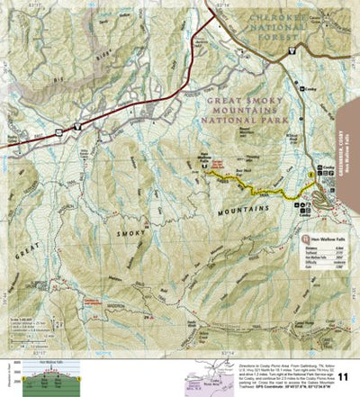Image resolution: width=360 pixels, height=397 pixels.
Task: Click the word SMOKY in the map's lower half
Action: (131, 232)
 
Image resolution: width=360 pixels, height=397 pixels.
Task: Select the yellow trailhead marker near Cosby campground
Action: (311, 174)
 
